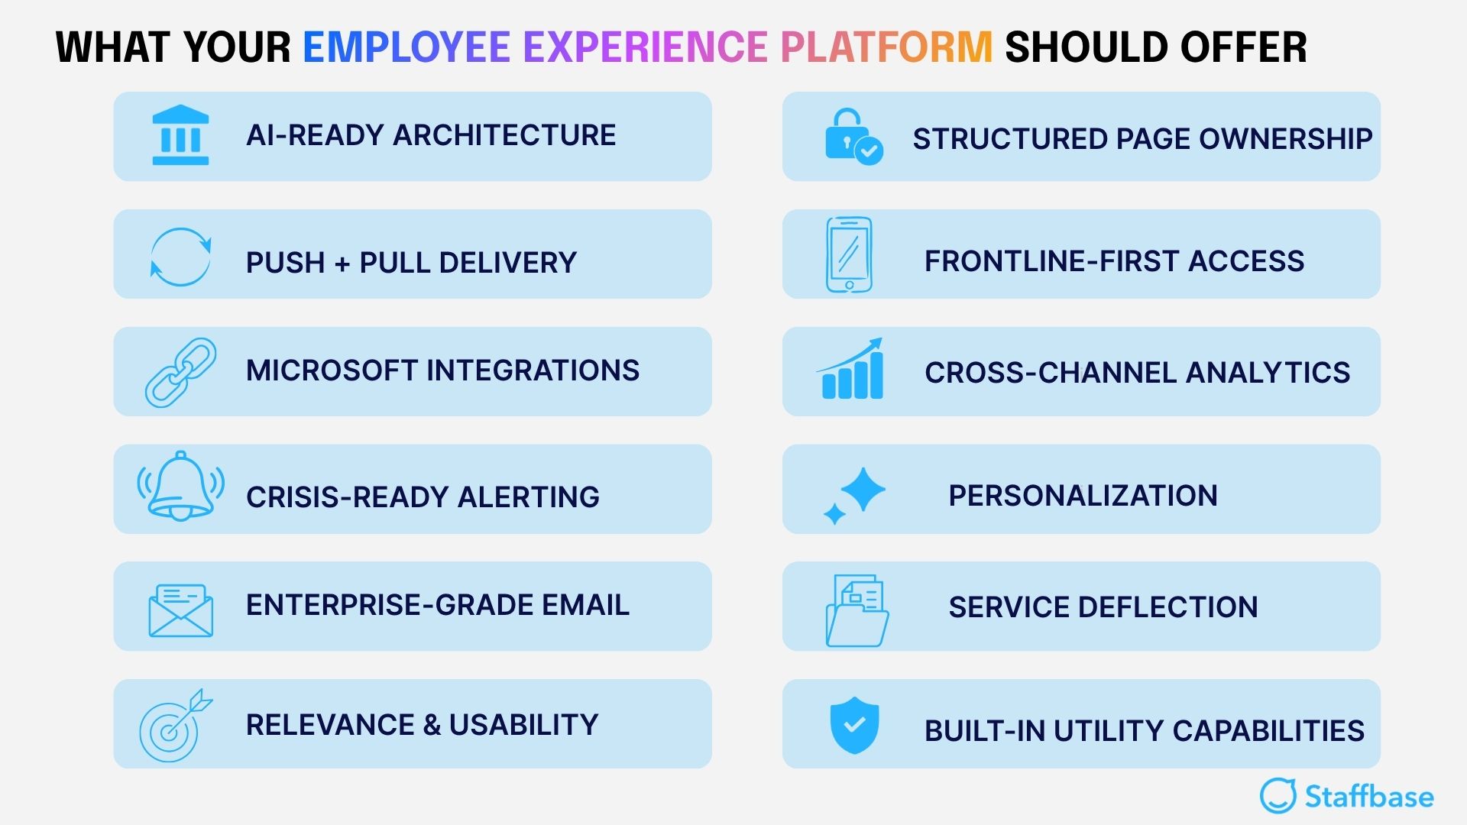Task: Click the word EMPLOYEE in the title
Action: [406, 47]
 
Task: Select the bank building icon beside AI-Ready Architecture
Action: [180, 135]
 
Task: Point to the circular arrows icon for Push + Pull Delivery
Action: [180, 257]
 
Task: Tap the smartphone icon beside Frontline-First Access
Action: [849, 254]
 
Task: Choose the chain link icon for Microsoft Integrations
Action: [180, 372]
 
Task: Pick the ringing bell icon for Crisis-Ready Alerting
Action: [180, 487]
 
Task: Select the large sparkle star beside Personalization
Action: [863, 489]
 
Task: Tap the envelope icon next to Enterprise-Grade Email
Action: [180, 610]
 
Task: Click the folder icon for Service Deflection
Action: [857, 611]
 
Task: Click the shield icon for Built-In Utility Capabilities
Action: [854, 724]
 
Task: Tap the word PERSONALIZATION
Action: [1083, 496]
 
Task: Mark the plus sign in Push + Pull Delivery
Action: [342, 264]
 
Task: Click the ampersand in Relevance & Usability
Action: [432, 725]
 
